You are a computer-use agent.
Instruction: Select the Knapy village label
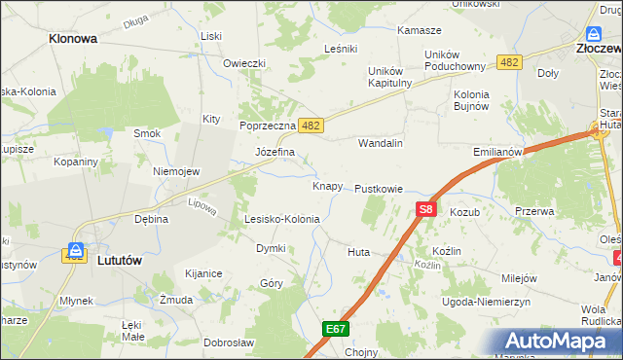[326, 186]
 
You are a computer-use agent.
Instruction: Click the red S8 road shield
[425, 208]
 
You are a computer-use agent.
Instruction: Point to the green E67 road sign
[336, 330]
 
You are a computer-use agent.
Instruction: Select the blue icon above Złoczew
[594, 33]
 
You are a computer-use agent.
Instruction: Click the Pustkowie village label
[379, 188]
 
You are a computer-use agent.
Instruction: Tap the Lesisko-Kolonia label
[281, 220]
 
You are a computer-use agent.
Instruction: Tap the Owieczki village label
[244, 64]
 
